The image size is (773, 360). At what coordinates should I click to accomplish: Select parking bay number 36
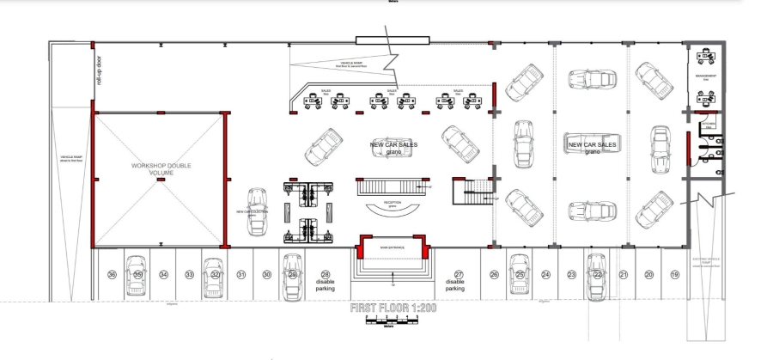112,275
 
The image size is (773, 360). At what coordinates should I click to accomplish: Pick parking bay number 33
189,275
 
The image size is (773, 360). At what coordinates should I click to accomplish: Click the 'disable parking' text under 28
326,284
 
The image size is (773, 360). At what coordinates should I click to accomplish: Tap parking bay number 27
459,274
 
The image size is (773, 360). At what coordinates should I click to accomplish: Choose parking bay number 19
674,274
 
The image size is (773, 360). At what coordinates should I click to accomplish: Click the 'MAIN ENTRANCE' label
393,248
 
